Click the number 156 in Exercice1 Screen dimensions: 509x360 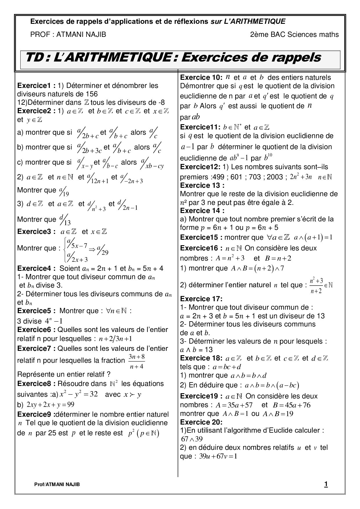click(x=92, y=94)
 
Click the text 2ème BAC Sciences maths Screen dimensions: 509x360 click(x=294, y=35)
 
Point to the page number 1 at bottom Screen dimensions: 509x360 click(x=326, y=484)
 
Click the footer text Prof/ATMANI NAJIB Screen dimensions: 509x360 click(x=57, y=484)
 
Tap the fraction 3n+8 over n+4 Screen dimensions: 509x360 click(x=136, y=361)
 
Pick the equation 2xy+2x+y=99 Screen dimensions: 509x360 click(x=50, y=405)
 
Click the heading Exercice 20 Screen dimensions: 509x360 click(x=201, y=422)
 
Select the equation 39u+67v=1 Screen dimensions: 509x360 click(x=218, y=456)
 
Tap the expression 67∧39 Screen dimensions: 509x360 click(x=192, y=439)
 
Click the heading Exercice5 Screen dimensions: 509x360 click(x=36, y=311)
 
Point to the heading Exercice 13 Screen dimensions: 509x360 click(x=202, y=185)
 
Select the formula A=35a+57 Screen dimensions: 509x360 click(x=234, y=405)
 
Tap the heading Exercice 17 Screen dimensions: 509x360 click(x=201, y=299)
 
